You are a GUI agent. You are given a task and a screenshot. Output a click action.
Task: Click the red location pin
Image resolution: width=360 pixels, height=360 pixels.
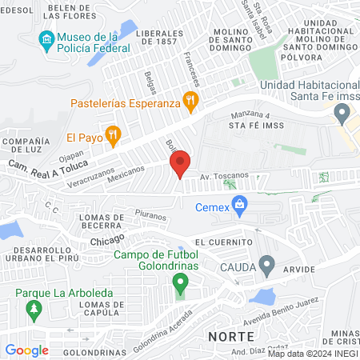(180, 163)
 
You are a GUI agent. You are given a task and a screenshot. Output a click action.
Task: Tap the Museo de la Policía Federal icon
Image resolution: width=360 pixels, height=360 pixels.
(46, 39)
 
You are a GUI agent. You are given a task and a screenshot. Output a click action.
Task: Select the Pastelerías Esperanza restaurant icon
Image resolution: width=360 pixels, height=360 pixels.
(190, 101)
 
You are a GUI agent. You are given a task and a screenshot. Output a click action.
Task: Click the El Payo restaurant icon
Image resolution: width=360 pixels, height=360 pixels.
(113, 134)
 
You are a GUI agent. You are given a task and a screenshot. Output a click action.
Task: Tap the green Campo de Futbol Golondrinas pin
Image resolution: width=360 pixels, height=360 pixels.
(181, 282)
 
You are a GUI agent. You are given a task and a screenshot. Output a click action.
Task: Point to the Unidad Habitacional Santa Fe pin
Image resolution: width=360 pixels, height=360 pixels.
(342, 114)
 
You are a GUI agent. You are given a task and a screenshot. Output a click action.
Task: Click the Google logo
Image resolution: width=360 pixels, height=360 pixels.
(26, 350)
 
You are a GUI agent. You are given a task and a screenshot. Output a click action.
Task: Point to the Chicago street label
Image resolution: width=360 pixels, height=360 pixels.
(107, 240)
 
